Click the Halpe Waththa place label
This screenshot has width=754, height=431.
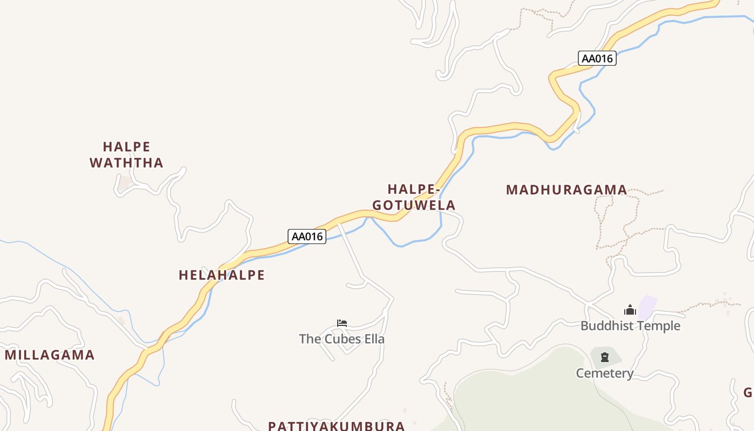(127, 155)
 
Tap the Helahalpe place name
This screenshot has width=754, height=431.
(221, 275)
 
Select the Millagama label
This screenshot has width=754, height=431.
(50, 355)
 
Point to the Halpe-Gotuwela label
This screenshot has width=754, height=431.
(414, 197)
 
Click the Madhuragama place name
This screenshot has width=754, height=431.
(567, 190)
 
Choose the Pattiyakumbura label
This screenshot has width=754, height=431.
(336, 426)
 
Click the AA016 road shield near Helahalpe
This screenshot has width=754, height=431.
(307, 237)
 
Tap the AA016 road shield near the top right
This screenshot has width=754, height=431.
(597, 58)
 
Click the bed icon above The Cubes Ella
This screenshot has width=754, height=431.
(342, 323)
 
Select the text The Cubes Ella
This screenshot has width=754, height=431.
(342, 339)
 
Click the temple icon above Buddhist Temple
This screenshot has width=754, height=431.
(630, 310)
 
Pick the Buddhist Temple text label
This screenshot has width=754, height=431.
(630, 326)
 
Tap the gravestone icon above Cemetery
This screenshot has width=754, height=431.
(605, 357)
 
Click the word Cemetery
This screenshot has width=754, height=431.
(605, 373)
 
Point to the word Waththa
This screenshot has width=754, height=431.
(127, 163)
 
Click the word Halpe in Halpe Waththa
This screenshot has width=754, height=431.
(127, 147)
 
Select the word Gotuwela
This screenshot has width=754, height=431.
(414, 205)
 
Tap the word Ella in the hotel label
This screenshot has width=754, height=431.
(375, 339)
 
